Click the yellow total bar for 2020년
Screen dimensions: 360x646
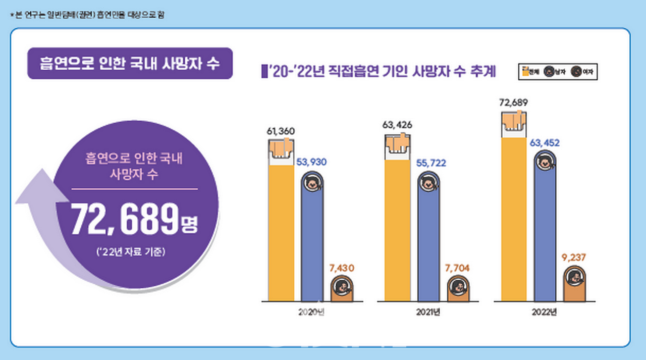[281, 230]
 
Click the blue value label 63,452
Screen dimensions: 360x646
[545, 143]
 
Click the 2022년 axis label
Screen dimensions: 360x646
[544, 312]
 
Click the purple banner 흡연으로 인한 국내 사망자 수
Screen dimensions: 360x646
[130, 64]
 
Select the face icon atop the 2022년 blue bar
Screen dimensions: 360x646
[545, 162]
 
